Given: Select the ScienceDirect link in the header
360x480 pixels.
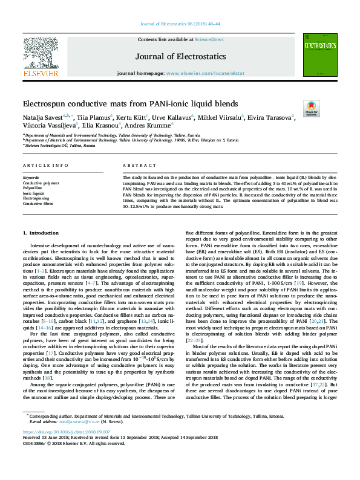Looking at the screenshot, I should [x=209, y=39].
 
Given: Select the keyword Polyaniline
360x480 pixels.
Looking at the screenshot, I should [x=33, y=188].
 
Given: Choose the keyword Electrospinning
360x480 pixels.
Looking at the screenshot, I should [x=36, y=198].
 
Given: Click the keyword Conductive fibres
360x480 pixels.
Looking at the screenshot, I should [x=38, y=203].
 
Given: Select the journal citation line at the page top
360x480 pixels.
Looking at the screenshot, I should [x=180, y=24].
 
